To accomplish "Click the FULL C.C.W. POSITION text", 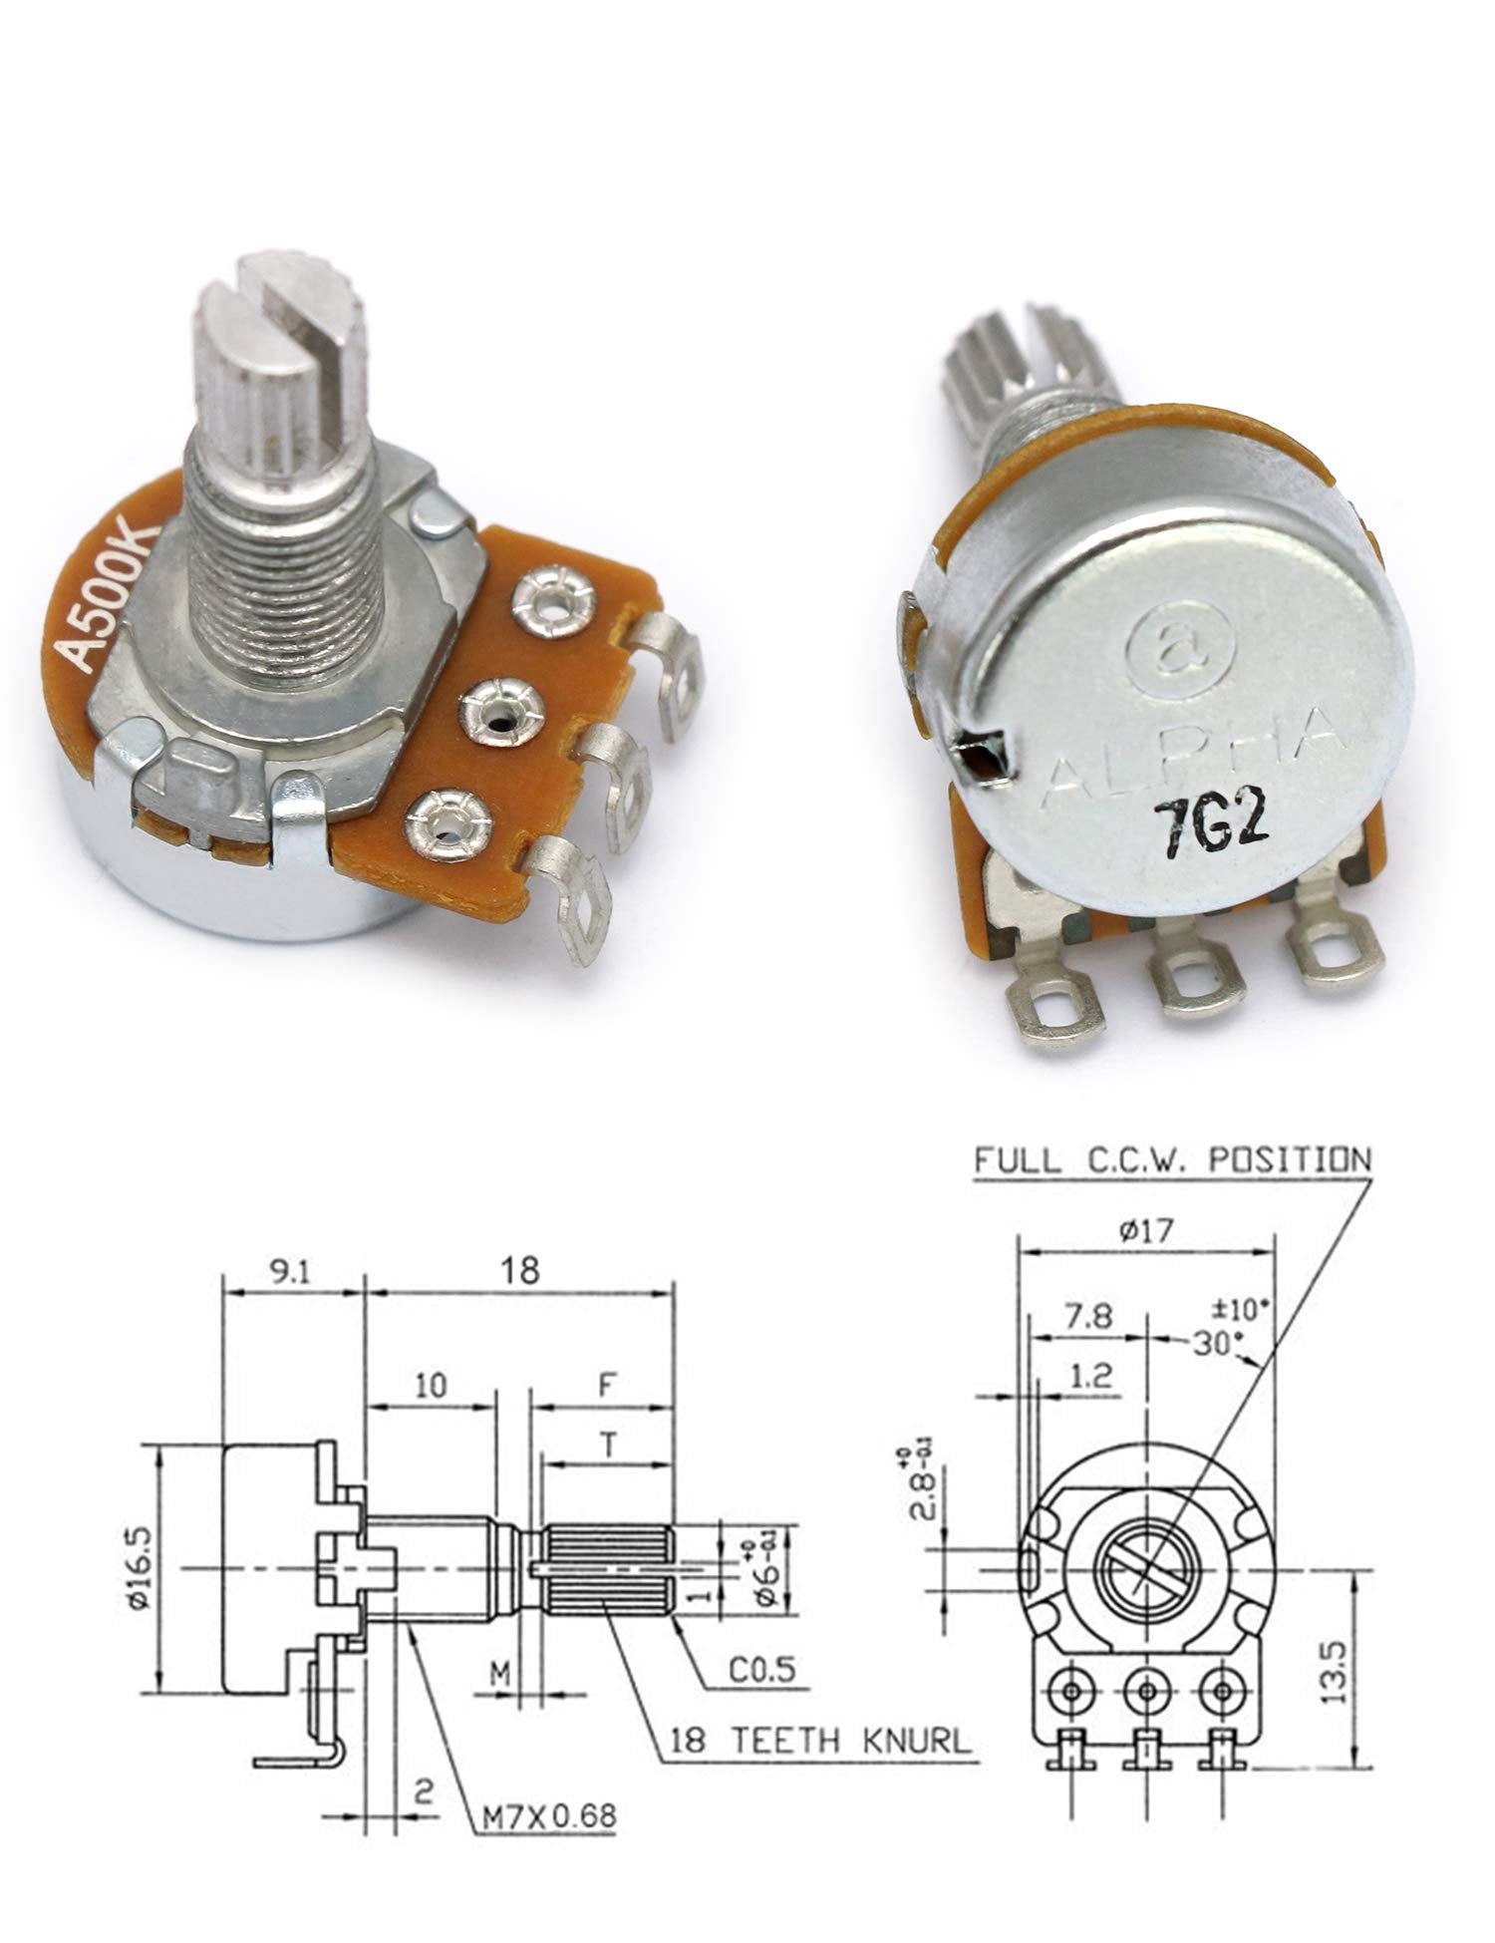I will tap(1172, 1160).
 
